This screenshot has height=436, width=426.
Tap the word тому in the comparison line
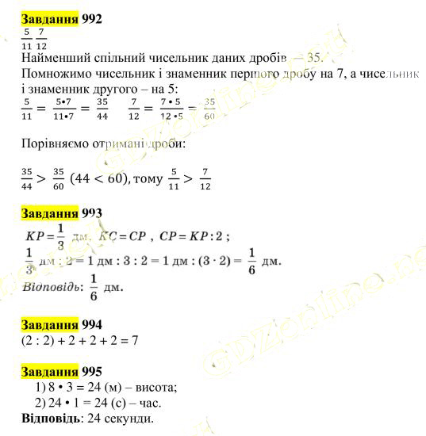[x=148, y=180]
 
